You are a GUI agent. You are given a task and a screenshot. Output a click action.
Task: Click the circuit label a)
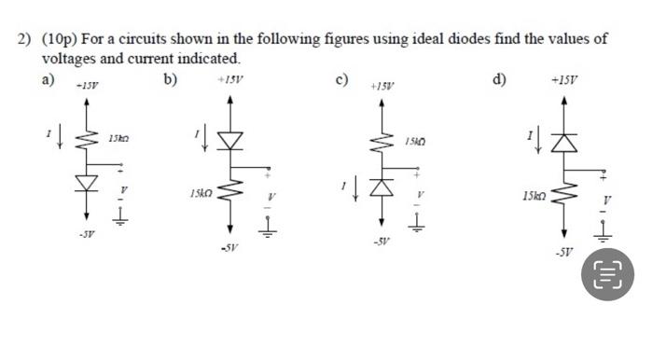point(48,78)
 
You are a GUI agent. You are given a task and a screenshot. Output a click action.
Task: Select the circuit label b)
point(170,78)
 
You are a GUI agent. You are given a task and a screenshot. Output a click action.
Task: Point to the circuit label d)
point(499,78)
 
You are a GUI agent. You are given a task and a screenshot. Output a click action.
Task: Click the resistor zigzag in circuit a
point(90,140)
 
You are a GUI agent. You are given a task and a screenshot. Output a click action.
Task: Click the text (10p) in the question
point(63,39)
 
